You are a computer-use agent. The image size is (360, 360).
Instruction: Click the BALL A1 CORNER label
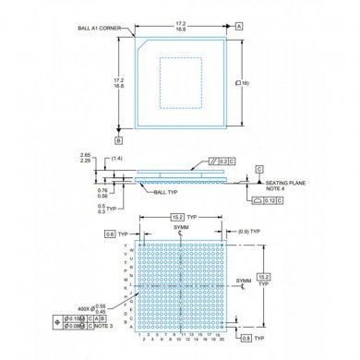coord(102,29)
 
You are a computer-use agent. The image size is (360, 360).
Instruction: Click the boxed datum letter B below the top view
coord(119,140)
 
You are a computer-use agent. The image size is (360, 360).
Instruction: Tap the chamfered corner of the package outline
coord(139,41)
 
